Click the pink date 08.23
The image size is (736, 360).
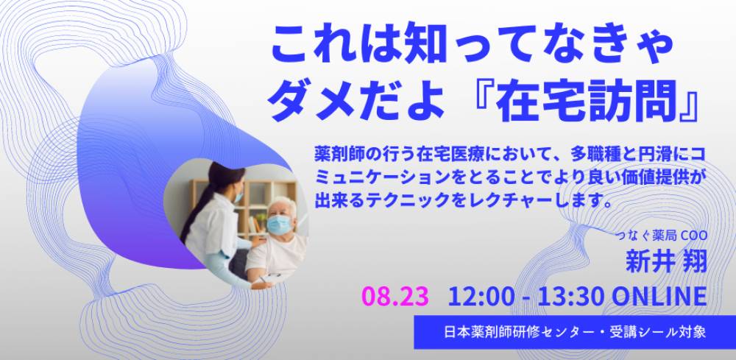pyautogui.click(x=394, y=296)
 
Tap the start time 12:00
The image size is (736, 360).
pyautogui.click(x=479, y=296)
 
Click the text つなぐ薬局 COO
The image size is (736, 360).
pyautogui.click(x=662, y=236)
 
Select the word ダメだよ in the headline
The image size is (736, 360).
pyautogui.click(x=357, y=101)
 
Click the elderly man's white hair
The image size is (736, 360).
pyautogui.click(x=283, y=205)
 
